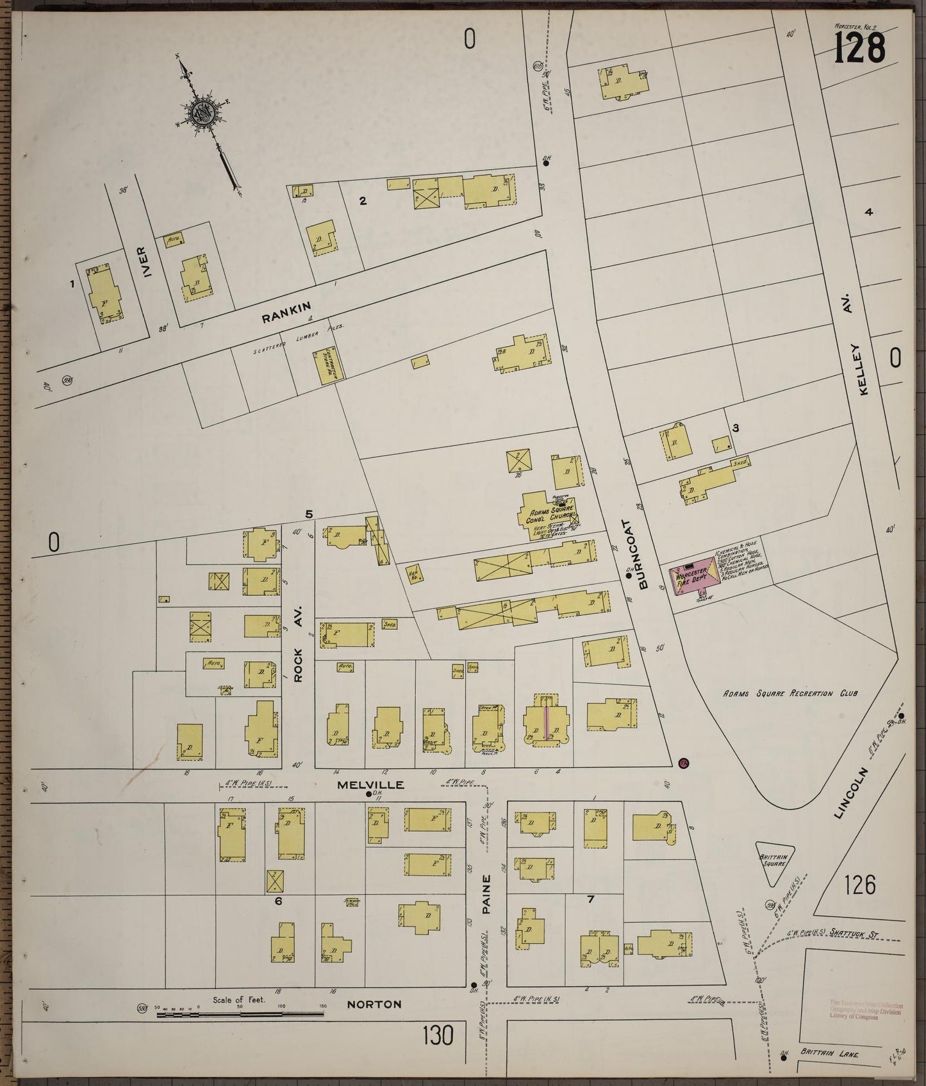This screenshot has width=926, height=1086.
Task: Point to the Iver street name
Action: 149,263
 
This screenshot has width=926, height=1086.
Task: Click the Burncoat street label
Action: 643,554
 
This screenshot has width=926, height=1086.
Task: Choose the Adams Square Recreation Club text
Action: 790,693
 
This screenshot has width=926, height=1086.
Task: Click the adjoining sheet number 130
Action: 438,1034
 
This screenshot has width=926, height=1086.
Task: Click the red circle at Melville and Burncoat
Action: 683,762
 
